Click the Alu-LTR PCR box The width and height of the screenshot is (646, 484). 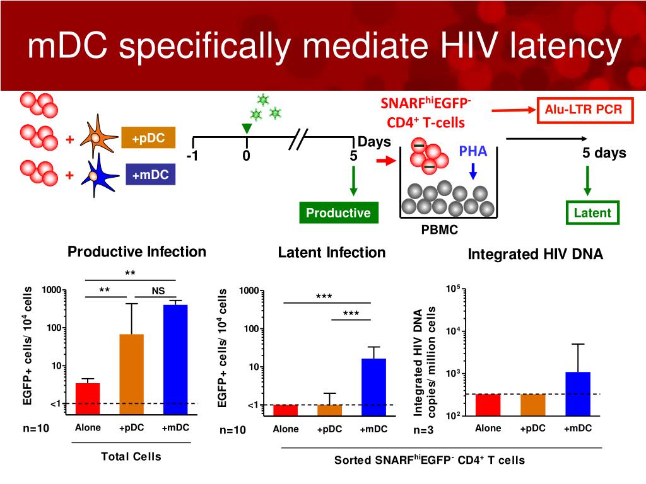tap(584, 110)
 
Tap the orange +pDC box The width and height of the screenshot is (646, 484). tap(148, 139)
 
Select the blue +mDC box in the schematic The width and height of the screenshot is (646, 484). tap(151, 175)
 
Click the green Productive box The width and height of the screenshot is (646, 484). tap(338, 212)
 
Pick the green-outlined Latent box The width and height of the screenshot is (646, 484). tap(592, 212)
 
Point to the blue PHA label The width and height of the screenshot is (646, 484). tap(473, 153)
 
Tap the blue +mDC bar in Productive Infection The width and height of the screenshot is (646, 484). tap(175, 359)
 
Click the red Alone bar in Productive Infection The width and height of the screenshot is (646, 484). tap(88, 398)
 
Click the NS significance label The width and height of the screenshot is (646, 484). tap(158, 291)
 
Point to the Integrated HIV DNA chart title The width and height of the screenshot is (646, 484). tap(535, 255)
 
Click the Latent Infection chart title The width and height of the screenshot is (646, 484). tap(331, 253)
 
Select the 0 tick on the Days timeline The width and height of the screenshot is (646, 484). tap(246, 156)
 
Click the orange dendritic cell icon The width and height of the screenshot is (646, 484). tap(100, 137)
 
